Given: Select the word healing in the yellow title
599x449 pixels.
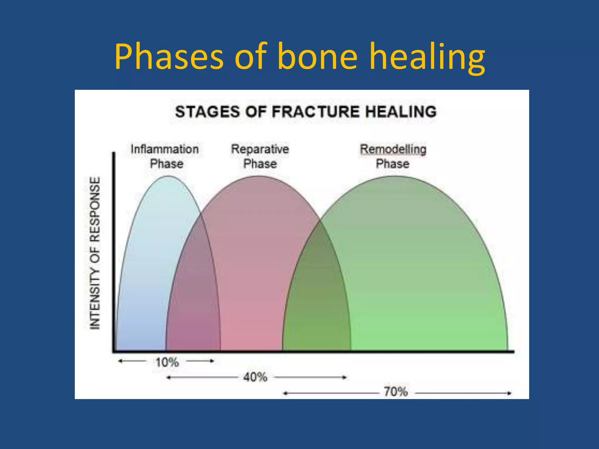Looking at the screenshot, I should tap(427, 57).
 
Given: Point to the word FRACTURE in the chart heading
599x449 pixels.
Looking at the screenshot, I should tap(315, 112).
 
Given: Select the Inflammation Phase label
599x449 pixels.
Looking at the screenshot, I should tap(165, 156).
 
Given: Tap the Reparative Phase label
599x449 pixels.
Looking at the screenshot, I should tap(260, 156).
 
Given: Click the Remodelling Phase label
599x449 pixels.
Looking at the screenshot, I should tap(393, 156).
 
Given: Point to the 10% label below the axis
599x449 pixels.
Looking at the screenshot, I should tap(167, 362).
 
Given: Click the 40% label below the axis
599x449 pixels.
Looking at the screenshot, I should tap(255, 377).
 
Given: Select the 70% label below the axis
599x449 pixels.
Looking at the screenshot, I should tap(395, 392).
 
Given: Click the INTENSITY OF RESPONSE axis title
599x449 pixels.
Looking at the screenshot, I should tap(95, 253).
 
